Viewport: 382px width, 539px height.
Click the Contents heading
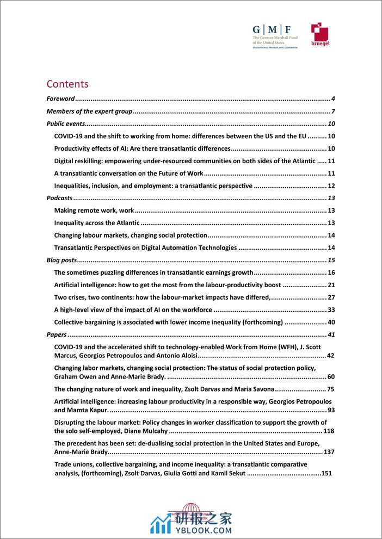(67, 84)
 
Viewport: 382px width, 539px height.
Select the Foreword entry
(60, 99)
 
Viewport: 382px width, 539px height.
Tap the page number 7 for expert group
(332, 111)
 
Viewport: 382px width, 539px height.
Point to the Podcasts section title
(60, 198)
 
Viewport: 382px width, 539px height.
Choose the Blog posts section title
(62, 260)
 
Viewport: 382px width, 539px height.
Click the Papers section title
(57, 334)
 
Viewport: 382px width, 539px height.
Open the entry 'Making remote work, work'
(94, 210)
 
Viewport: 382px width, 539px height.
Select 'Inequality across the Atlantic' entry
(97, 223)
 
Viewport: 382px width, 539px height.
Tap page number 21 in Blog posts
(330, 285)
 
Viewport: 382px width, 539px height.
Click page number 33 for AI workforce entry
(330, 310)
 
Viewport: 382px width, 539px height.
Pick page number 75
(330, 389)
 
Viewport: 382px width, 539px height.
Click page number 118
(328, 431)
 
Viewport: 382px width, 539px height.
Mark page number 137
(328, 452)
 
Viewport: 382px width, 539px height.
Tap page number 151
(326, 473)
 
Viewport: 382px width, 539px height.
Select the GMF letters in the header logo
(270, 29)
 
